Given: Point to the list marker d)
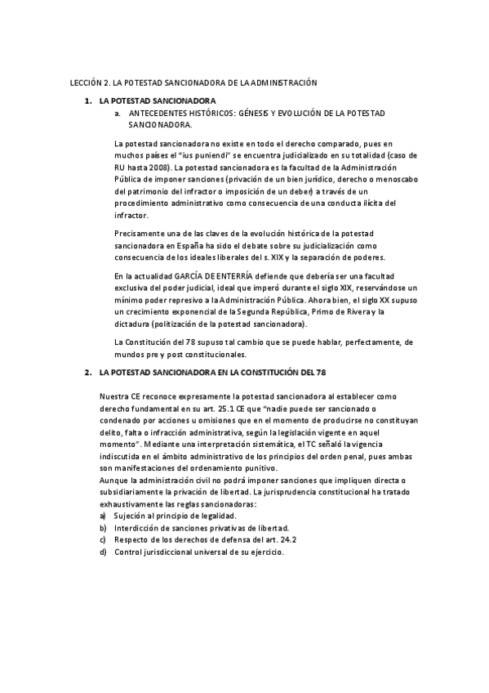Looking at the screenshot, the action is (103, 552).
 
